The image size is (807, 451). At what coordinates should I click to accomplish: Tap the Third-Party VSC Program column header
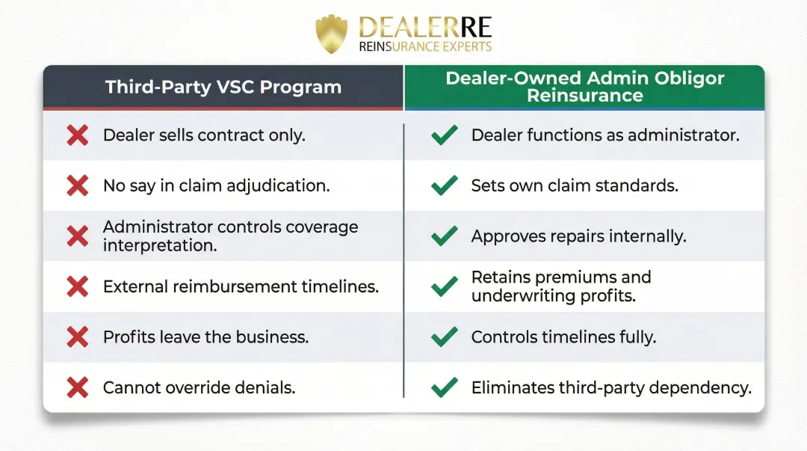[x=223, y=87]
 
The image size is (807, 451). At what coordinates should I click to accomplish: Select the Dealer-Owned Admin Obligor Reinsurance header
[x=584, y=87]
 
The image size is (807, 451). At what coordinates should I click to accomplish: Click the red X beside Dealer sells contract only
[x=78, y=135]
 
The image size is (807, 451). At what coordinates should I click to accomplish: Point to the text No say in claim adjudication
[x=216, y=185]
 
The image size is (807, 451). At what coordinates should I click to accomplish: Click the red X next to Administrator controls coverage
[x=78, y=236]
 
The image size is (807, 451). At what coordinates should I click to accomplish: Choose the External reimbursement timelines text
[x=241, y=286]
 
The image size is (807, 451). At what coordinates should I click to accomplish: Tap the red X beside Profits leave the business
[x=78, y=337]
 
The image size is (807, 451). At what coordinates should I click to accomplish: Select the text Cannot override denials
[x=199, y=387]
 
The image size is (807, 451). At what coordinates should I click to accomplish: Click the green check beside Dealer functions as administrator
[x=445, y=135]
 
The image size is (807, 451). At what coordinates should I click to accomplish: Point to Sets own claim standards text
[x=575, y=185]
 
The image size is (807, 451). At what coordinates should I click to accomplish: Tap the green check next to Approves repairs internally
[x=445, y=236]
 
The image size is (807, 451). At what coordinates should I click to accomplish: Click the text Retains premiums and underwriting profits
[x=561, y=286]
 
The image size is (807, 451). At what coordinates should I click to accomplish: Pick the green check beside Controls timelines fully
[x=445, y=337]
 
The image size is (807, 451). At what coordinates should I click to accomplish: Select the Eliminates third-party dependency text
[x=610, y=387]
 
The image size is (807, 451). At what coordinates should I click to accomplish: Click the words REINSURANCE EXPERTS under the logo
[x=425, y=47]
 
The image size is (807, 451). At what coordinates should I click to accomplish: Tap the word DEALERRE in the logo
[x=425, y=27]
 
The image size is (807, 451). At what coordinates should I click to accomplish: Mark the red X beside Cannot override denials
[x=78, y=387]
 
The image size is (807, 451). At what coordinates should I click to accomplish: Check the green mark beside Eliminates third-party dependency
[x=445, y=387]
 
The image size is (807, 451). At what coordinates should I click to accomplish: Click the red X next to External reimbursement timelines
[x=78, y=286]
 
